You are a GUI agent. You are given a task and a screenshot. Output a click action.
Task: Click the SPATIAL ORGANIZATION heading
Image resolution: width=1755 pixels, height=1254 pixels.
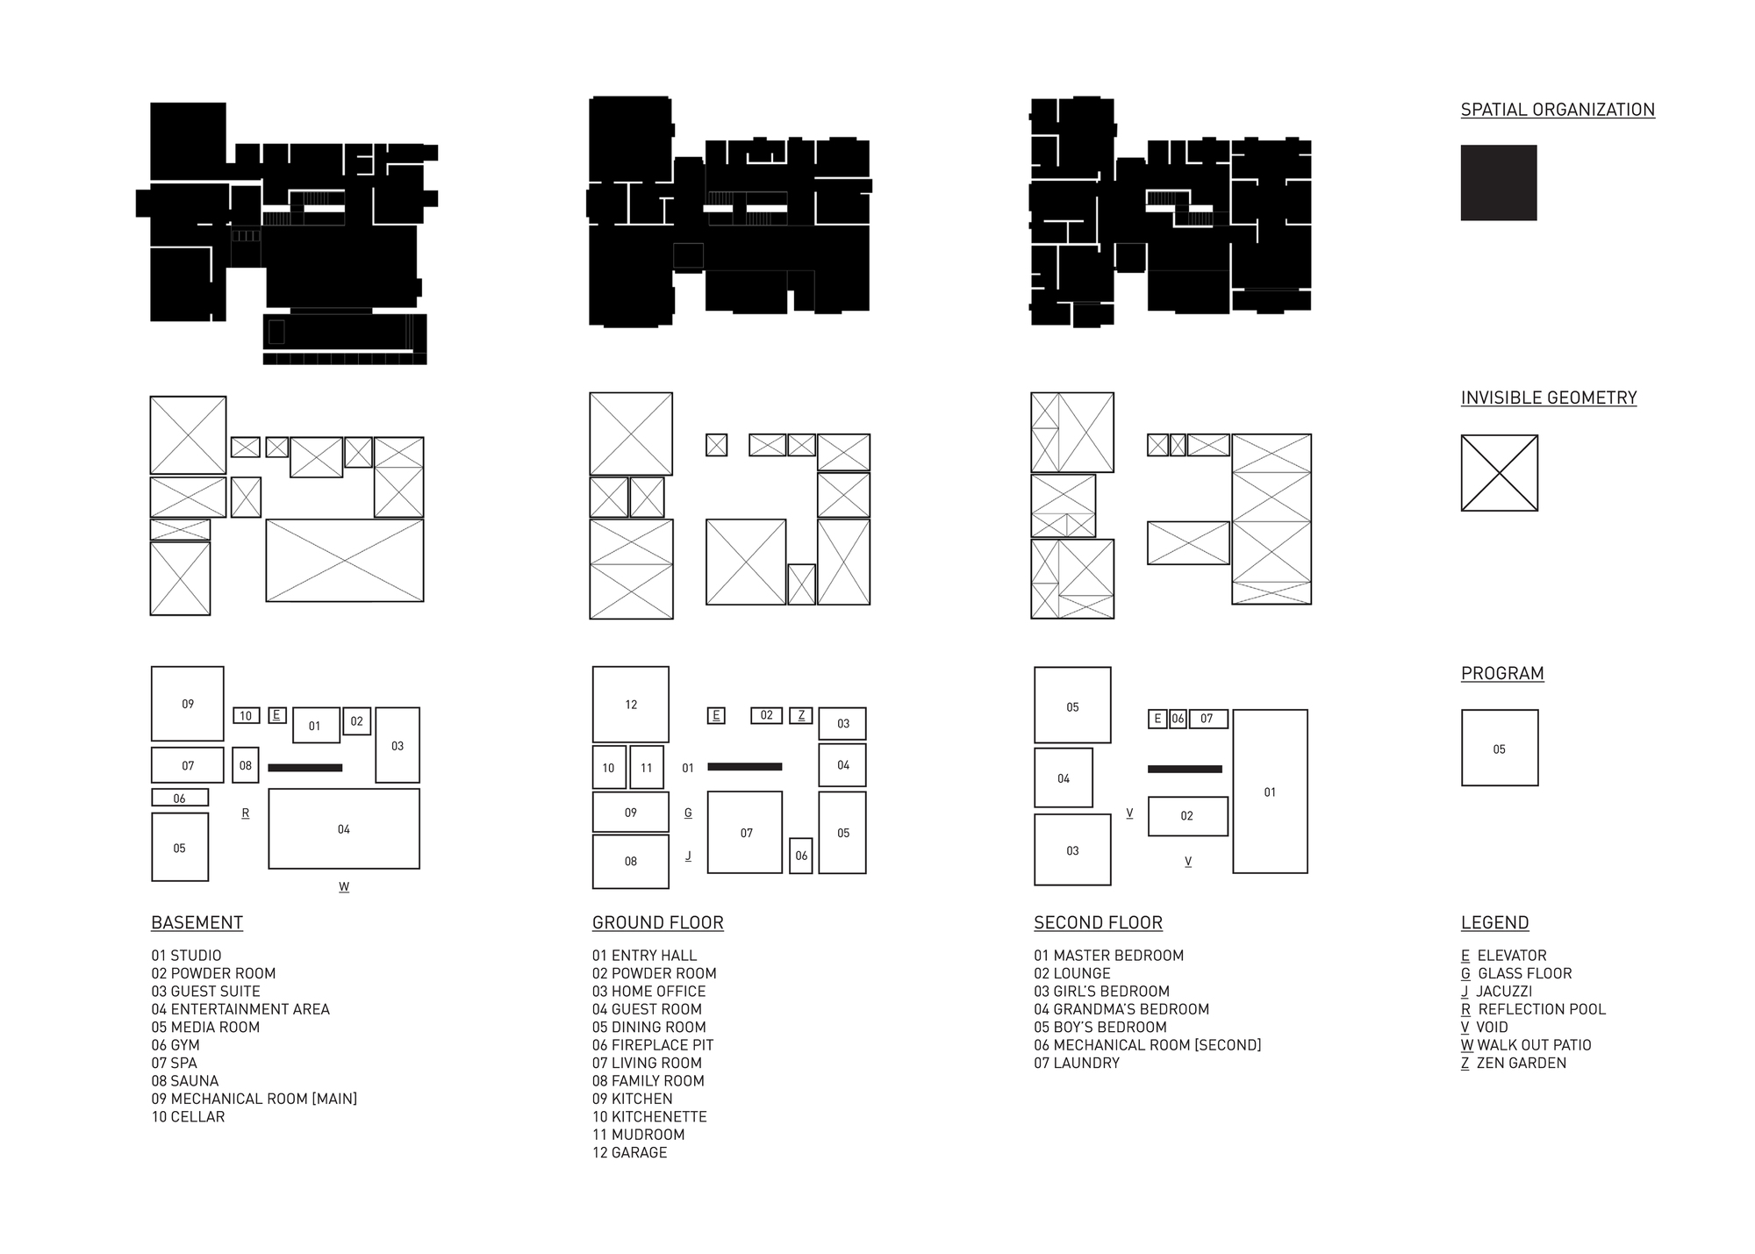[x=1558, y=110]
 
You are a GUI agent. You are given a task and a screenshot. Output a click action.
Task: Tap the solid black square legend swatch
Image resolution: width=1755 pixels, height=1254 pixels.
[x=1499, y=183]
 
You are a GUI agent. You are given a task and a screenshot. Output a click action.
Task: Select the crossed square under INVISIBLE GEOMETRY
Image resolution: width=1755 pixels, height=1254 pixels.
[x=1499, y=473]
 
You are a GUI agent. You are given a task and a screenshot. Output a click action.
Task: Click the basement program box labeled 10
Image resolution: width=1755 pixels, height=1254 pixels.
[x=246, y=715]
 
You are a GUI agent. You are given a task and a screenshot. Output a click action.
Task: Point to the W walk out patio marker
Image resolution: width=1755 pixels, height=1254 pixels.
[x=344, y=887]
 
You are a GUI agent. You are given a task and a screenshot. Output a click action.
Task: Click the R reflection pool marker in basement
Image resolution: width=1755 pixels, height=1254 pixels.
[x=246, y=813]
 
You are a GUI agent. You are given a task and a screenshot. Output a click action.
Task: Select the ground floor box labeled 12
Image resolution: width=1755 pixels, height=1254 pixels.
[x=631, y=704]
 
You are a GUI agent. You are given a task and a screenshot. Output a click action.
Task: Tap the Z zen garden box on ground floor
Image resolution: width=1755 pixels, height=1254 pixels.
[x=800, y=715]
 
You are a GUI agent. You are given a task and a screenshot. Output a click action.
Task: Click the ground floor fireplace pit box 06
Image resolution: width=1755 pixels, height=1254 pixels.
[x=800, y=856]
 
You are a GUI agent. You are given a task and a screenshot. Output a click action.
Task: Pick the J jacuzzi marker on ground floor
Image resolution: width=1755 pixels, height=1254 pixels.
[x=688, y=856]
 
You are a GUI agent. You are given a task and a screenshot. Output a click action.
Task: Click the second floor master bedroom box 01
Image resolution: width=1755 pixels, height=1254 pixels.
[x=1270, y=792]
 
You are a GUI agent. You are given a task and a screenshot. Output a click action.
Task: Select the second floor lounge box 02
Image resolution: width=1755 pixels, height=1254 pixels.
[x=1187, y=816]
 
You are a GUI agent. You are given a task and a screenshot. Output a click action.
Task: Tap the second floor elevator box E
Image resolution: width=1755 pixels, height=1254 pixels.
[x=1157, y=719]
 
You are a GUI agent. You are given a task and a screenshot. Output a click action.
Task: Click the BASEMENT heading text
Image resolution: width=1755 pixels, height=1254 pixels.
[x=197, y=922]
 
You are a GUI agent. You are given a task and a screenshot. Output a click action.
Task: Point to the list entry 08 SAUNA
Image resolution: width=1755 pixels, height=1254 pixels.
[x=185, y=1081]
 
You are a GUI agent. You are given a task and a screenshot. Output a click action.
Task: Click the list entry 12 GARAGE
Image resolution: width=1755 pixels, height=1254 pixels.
[x=629, y=1152]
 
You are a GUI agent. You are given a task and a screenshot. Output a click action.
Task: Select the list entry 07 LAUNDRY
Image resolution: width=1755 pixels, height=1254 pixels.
[x=1077, y=1063]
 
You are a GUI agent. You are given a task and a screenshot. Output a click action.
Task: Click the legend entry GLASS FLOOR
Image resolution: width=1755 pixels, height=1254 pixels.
[x=1524, y=973]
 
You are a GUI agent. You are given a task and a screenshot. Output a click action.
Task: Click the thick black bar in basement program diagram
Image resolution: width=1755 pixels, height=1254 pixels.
[x=304, y=768]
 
